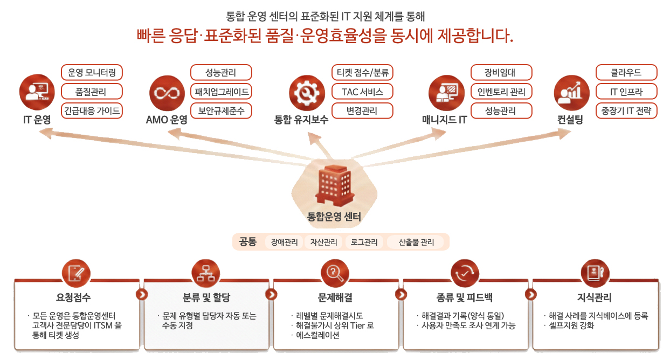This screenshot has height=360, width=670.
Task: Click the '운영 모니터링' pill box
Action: pos(92,72)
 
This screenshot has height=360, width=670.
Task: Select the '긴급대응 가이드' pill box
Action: pos(92,110)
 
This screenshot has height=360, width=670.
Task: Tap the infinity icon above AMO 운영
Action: pos(167,93)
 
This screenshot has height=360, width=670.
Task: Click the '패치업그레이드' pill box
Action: pos(222,92)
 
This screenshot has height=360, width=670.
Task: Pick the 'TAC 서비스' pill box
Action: pos(362,92)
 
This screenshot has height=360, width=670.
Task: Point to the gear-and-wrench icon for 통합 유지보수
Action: pos(307,93)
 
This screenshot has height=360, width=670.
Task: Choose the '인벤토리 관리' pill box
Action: pos(501,92)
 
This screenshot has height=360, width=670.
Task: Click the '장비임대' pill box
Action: pos(501,72)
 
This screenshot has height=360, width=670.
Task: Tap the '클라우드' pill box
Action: pos(626,72)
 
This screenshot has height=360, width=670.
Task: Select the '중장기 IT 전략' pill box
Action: pos(626,110)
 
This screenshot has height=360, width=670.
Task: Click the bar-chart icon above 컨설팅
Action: pos(571,93)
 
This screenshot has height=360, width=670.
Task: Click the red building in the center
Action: pos(335,185)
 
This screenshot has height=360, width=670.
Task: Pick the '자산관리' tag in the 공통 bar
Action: pos(323,242)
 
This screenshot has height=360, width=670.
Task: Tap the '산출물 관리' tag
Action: pos(416,242)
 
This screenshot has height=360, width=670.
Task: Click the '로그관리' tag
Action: pos(364,242)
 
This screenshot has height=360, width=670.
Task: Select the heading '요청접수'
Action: pos(73,297)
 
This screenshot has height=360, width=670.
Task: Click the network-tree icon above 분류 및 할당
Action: pos(206,274)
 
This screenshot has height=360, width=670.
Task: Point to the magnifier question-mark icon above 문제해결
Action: pos(335,274)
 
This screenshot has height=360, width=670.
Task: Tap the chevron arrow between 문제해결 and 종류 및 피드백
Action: pos(401,294)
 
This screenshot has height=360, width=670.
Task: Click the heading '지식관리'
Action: pos(594,297)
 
